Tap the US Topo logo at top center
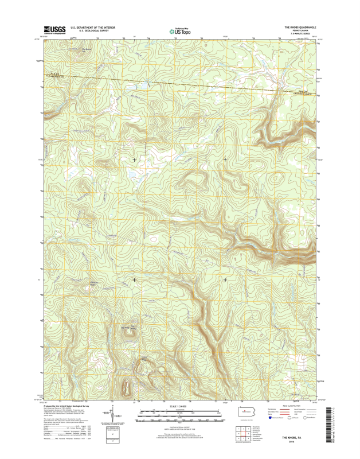tap(179, 32)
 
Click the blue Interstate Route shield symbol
tap(269, 420)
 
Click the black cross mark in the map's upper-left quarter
tap(135, 159)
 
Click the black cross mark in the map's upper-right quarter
tap(225, 159)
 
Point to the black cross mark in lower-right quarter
tap(225, 279)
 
